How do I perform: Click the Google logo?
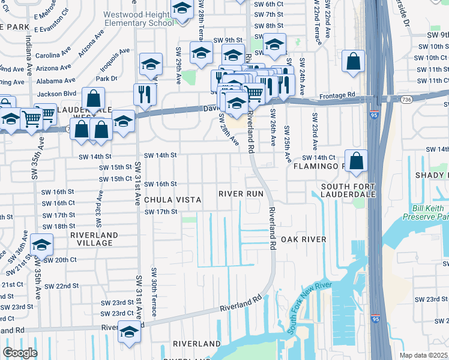point(19,353)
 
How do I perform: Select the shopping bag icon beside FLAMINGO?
point(356,161)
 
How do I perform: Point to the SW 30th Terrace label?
point(154,292)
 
